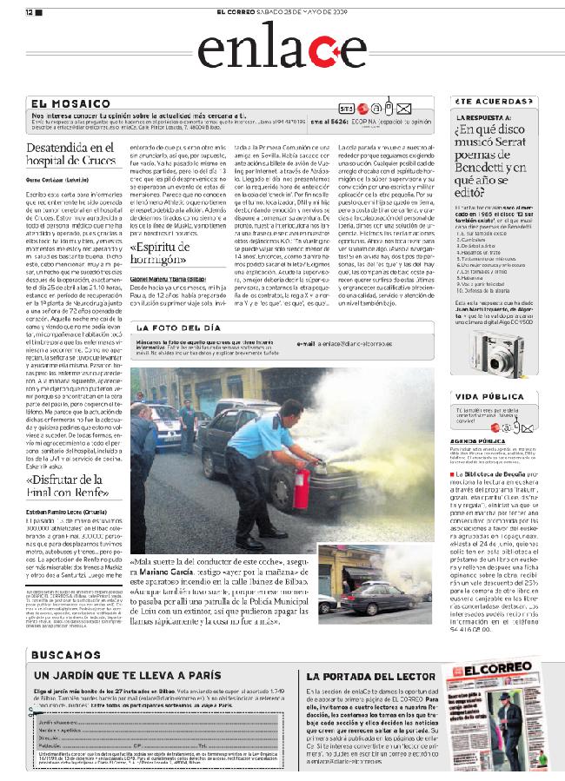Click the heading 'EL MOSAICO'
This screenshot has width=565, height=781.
70,103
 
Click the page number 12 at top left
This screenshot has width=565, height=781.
29,12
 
